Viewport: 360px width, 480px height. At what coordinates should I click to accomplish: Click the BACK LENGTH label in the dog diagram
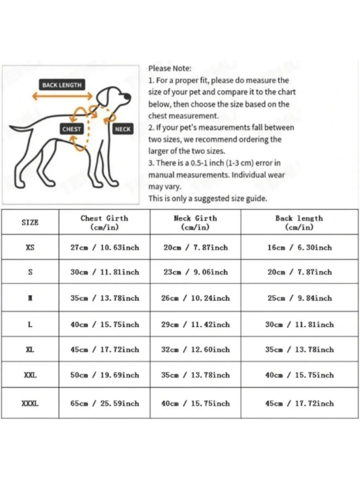click(62, 85)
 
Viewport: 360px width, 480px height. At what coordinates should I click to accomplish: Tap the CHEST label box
click(72, 129)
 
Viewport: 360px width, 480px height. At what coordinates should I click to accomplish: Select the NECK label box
click(122, 129)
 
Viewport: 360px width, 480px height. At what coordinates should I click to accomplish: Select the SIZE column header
click(30, 222)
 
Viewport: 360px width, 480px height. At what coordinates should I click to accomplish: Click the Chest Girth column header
click(104, 222)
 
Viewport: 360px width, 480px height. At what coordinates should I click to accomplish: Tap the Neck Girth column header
click(195, 222)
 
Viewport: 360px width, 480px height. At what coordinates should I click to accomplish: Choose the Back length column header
click(299, 222)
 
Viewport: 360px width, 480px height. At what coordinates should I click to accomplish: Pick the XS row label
click(30, 248)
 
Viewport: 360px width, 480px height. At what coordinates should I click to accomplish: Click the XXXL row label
click(30, 404)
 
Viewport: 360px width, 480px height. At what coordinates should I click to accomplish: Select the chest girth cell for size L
click(104, 324)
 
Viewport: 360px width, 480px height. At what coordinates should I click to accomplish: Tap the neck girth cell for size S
click(195, 272)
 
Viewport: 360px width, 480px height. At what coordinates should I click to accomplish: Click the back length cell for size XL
click(299, 350)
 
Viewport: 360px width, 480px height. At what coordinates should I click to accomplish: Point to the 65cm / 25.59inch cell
click(104, 404)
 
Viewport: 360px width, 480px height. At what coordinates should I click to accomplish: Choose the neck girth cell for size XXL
click(195, 375)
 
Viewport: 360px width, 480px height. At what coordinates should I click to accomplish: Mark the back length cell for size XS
click(299, 248)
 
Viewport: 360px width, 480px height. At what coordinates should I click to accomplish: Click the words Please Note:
click(170, 68)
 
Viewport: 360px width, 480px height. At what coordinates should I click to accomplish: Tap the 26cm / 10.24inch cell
click(195, 298)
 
